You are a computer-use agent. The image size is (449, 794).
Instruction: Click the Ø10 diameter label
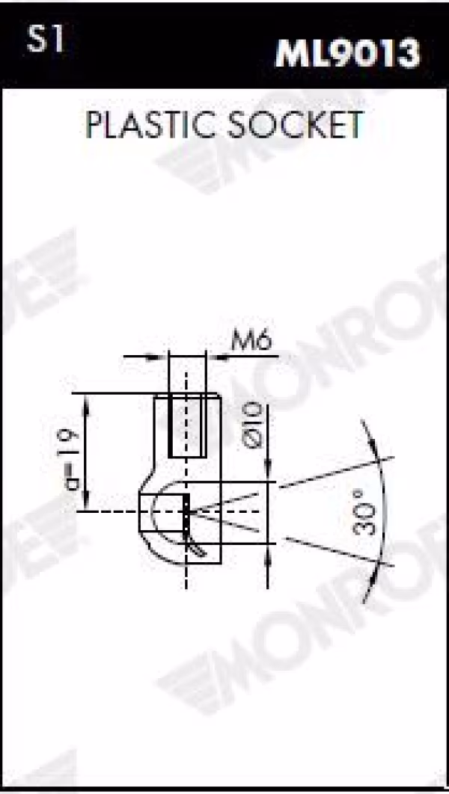tap(253, 425)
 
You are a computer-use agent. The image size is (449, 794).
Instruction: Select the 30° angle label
tap(365, 512)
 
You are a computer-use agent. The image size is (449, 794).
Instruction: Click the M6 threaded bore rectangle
tap(187, 425)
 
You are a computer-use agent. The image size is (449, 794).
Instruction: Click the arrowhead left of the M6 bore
tap(158, 357)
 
